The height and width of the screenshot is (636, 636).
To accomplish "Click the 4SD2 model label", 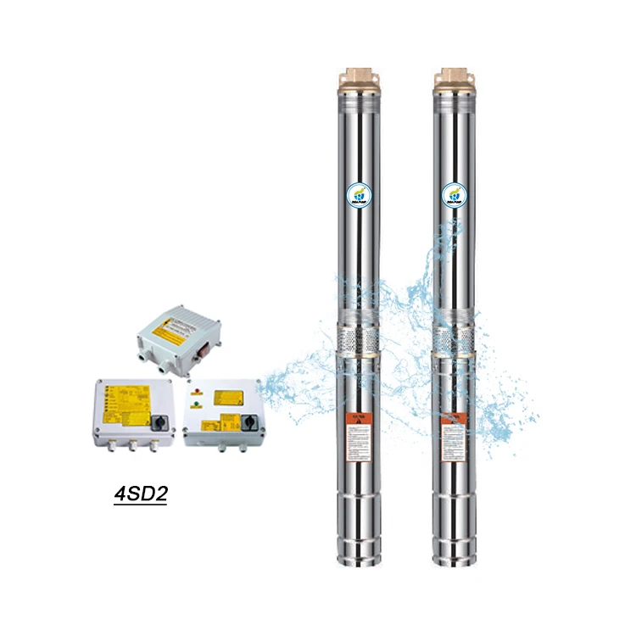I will point(140,494).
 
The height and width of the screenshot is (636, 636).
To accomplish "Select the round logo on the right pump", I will point(455,196).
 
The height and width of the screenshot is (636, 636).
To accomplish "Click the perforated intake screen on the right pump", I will point(455,340).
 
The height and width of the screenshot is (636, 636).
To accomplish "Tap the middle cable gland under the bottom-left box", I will point(132,444).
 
